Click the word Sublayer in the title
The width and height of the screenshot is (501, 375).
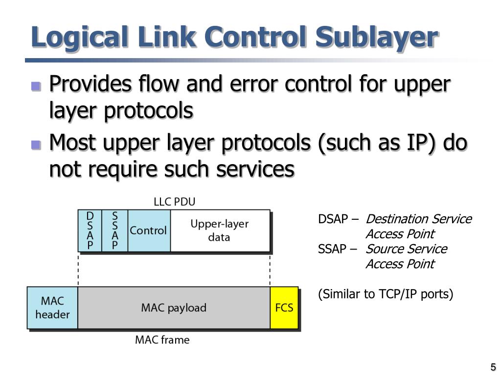376,38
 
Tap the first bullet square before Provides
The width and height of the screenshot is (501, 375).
35,86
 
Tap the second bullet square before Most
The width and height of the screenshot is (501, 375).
35,145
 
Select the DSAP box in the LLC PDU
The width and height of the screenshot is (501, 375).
90,230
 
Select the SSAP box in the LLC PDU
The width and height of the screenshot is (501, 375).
115,230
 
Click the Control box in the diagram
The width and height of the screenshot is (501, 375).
149,230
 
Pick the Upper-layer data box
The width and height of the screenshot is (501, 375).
220,230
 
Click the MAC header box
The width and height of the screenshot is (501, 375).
52,308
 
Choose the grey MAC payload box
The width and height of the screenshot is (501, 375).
174,308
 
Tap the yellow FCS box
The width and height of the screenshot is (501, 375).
284,308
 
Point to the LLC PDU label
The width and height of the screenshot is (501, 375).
174,202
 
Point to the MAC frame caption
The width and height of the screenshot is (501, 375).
162,340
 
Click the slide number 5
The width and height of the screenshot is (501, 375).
493,367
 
